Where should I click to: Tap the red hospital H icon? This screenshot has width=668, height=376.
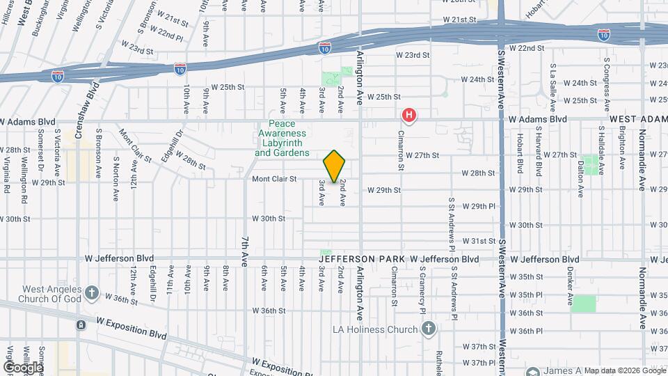pos(410,115)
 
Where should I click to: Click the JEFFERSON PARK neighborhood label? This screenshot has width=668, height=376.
pos(361,259)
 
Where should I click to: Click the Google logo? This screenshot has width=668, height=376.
pos(23,367)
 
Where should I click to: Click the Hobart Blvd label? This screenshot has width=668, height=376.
pos(520,157)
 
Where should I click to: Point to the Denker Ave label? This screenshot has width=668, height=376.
pos(569,291)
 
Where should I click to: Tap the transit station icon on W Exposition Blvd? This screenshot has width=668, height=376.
pos(81,324)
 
